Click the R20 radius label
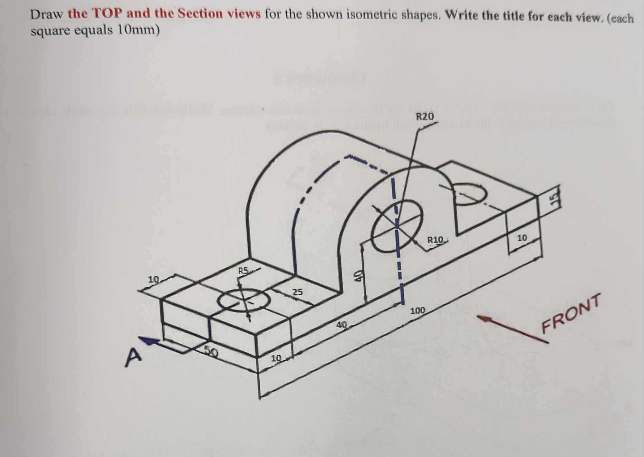pos(424,117)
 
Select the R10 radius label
pos(435,239)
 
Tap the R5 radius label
pos(244,271)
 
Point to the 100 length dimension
pos(418,311)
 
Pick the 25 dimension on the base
pos(297,292)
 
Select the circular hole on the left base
pos(243,300)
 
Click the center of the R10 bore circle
pos(396,225)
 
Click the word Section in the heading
pos(200,14)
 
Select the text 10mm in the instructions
pos(138,30)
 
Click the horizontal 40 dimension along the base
pos(342,325)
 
